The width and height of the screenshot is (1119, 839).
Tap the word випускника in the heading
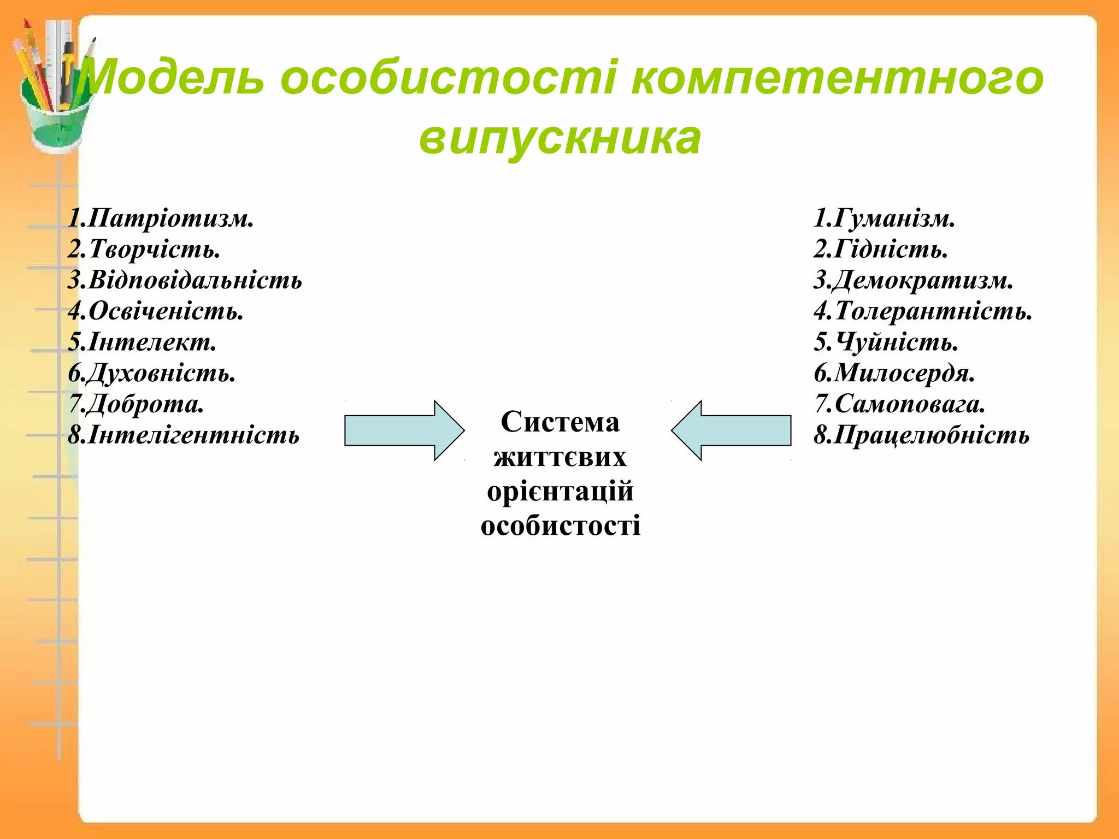point(559,138)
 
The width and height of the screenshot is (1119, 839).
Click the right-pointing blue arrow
point(404,430)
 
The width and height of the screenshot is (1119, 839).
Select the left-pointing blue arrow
point(732,430)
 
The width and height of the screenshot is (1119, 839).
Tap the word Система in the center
point(560,422)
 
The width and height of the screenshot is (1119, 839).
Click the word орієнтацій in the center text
point(560,491)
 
